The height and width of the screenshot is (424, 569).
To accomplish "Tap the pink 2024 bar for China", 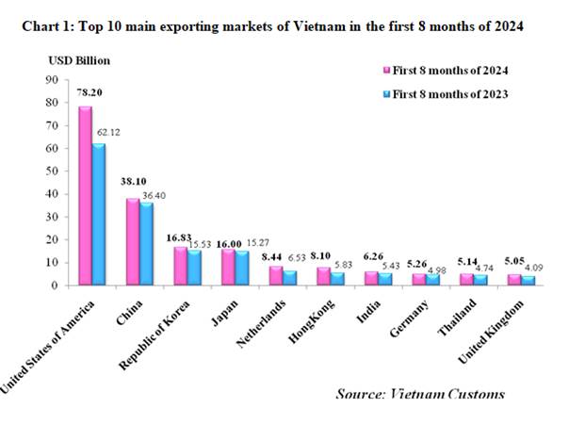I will pyautogui.click(x=132, y=242).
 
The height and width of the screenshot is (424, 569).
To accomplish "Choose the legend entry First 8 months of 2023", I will pyautogui.click(x=444, y=94).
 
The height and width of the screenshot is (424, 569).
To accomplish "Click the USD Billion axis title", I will pyautogui.click(x=80, y=60).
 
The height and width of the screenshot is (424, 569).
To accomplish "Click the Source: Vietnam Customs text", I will pyautogui.click(x=419, y=393).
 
